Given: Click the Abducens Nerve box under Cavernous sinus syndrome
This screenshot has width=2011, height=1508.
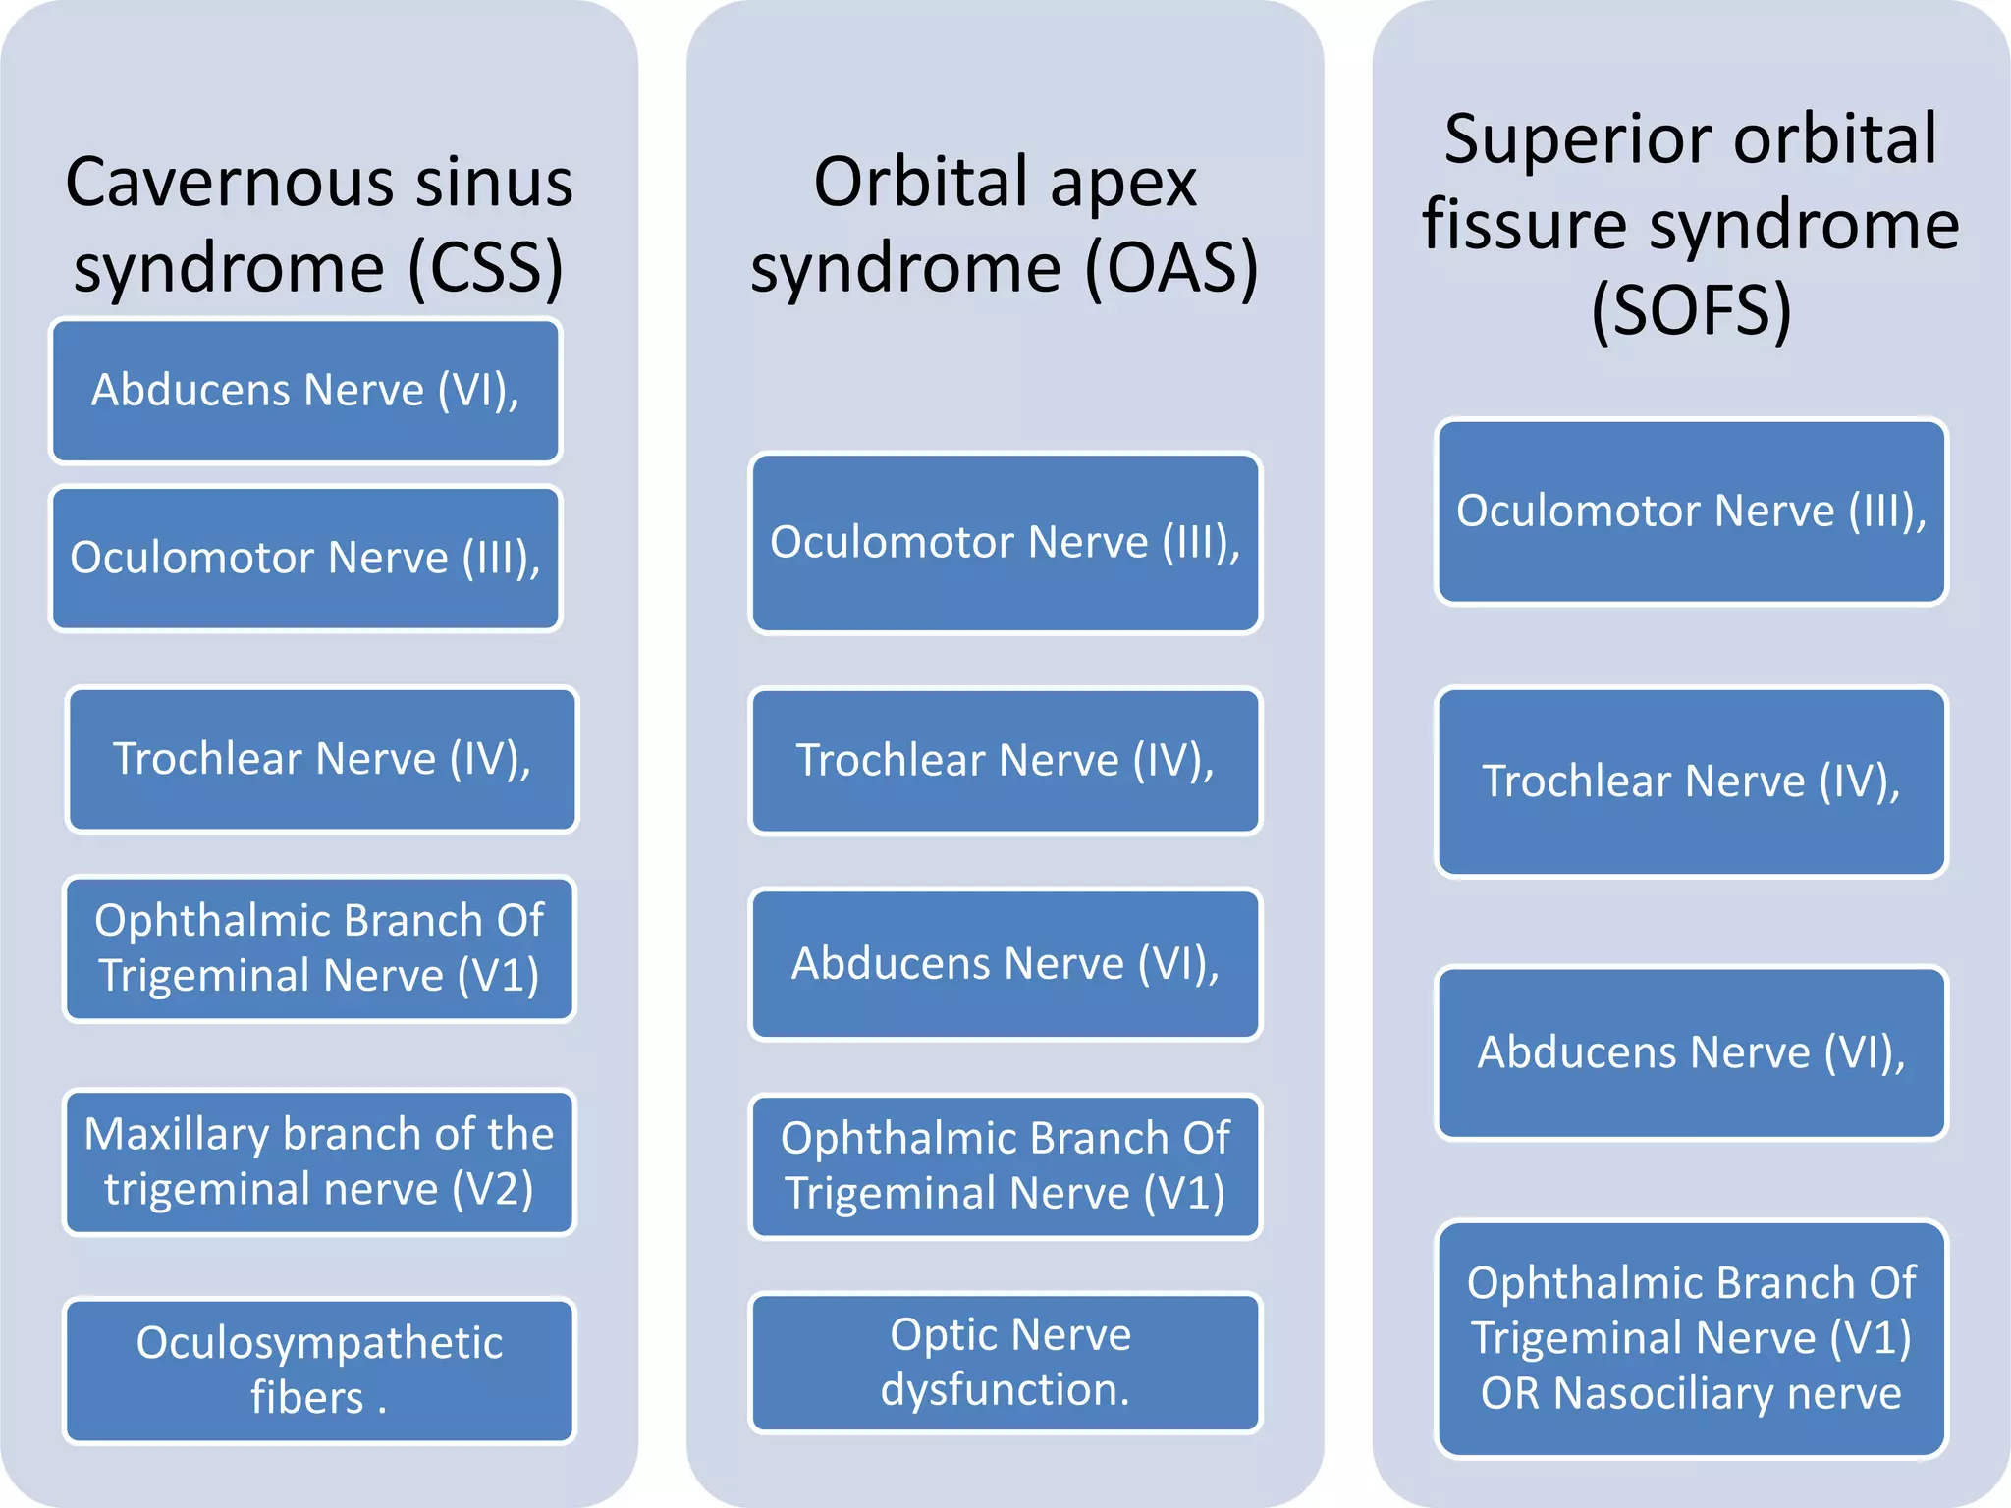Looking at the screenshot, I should click(305, 391).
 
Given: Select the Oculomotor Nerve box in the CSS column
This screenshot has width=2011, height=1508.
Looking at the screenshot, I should click(305, 558).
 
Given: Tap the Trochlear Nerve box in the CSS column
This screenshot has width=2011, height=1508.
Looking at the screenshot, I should click(322, 759).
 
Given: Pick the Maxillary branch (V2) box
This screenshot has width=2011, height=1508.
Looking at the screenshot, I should click(319, 1161).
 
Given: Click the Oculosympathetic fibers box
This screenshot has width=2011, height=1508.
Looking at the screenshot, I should click(319, 1370).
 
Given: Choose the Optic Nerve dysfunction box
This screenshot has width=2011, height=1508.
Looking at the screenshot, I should click(1005, 1362).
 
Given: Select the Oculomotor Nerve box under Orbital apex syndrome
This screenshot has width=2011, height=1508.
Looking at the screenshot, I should click(1005, 543).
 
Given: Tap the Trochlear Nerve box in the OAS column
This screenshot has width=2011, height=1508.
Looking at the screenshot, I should click(1005, 761).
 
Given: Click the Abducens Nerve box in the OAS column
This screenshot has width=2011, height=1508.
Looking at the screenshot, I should click(1005, 964).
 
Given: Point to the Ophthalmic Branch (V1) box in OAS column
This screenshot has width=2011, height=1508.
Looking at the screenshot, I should click(1005, 1166).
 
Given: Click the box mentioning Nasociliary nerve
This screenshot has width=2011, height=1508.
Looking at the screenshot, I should click(1691, 1338).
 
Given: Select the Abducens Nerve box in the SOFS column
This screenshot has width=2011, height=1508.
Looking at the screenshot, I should click(1691, 1052).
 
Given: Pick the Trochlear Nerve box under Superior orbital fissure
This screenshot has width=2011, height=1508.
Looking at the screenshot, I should click(1691, 781).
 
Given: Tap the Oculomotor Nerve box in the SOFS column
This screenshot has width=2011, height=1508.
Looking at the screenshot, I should click(1691, 512).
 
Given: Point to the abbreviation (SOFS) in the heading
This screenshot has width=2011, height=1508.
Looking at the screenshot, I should click(1691, 311).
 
